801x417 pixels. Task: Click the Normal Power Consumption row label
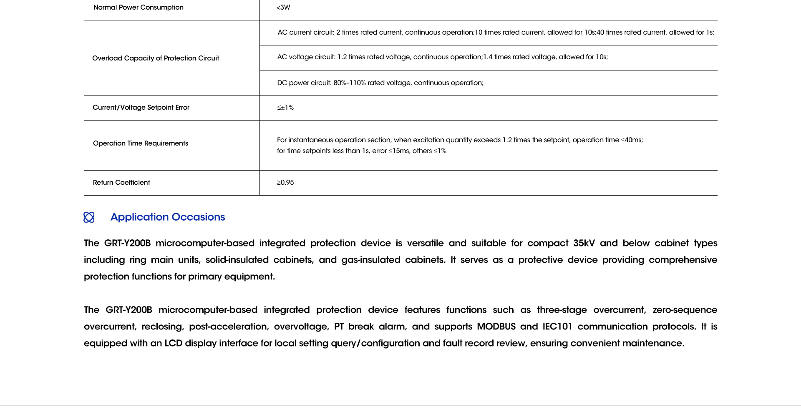[138, 8]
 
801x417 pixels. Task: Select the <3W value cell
[283, 8]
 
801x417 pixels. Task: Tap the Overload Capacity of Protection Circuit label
[156, 58]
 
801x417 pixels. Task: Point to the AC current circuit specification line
[496, 33]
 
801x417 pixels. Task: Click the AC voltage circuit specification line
[442, 57]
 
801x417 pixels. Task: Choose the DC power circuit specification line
[380, 83]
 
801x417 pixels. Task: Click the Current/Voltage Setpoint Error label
[141, 108]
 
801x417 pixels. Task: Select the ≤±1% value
[285, 108]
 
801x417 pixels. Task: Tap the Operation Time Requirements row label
[141, 143]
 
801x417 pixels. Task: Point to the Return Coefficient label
[121, 183]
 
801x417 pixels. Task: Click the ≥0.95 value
[285, 183]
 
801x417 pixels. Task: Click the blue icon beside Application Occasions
[89, 217]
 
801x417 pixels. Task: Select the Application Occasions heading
[168, 217]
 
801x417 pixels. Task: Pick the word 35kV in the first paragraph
[584, 244]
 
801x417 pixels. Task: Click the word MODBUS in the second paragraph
[496, 327]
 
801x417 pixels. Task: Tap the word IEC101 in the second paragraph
[557, 327]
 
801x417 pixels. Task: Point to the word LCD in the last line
[173, 344]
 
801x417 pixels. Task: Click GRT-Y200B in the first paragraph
[127, 244]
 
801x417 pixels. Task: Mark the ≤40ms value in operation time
[632, 140]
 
